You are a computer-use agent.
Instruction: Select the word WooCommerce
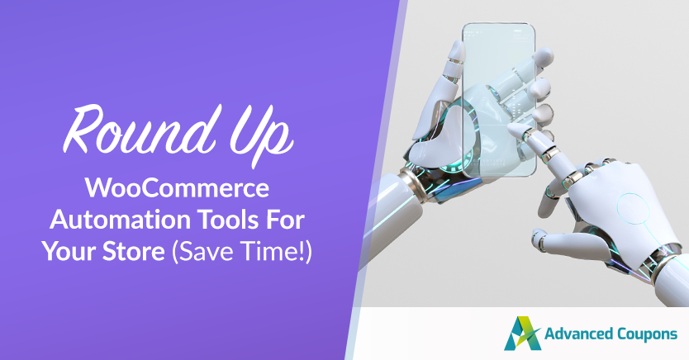(177, 188)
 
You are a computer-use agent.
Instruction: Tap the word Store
(134, 252)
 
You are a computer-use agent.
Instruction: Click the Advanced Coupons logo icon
(521, 334)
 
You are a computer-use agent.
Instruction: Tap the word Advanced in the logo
(579, 334)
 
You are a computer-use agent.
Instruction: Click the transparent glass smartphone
(499, 100)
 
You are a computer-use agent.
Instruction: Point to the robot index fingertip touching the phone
(513, 127)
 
